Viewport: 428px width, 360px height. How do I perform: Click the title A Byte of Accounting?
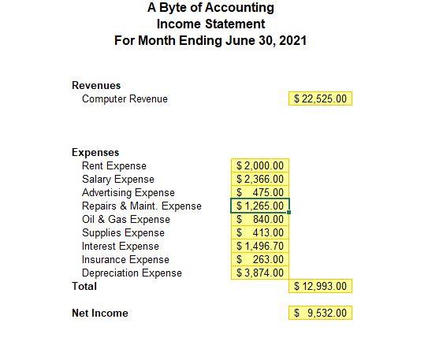point(210,8)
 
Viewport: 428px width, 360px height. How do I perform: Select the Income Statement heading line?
point(210,24)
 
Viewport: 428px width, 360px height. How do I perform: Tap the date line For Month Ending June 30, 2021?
point(210,40)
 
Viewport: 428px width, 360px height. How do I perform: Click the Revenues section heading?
point(96,85)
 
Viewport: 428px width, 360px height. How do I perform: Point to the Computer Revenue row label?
point(125,98)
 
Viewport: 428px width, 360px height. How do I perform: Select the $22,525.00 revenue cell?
point(321,98)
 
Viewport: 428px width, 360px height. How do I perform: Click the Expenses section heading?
point(95,152)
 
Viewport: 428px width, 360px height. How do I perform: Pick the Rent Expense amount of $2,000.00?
point(261,165)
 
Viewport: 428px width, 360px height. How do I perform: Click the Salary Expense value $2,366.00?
point(261,179)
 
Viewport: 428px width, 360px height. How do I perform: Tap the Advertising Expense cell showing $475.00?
point(261,192)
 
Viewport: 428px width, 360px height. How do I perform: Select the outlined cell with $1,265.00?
point(261,206)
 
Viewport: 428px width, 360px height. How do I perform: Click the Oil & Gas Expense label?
point(125,219)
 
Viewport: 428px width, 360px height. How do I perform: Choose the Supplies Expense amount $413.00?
point(261,232)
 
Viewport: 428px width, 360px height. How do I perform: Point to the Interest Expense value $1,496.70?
point(261,246)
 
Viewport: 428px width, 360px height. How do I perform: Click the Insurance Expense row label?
point(125,259)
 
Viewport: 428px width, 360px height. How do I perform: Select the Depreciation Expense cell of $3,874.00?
point(261,273)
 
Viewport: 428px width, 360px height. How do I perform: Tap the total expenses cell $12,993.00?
point(321,286)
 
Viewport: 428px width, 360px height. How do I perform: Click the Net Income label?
point(99,313)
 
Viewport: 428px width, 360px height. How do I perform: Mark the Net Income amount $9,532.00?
point(321,313)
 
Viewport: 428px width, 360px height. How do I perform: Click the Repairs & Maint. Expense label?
point(141,206)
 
